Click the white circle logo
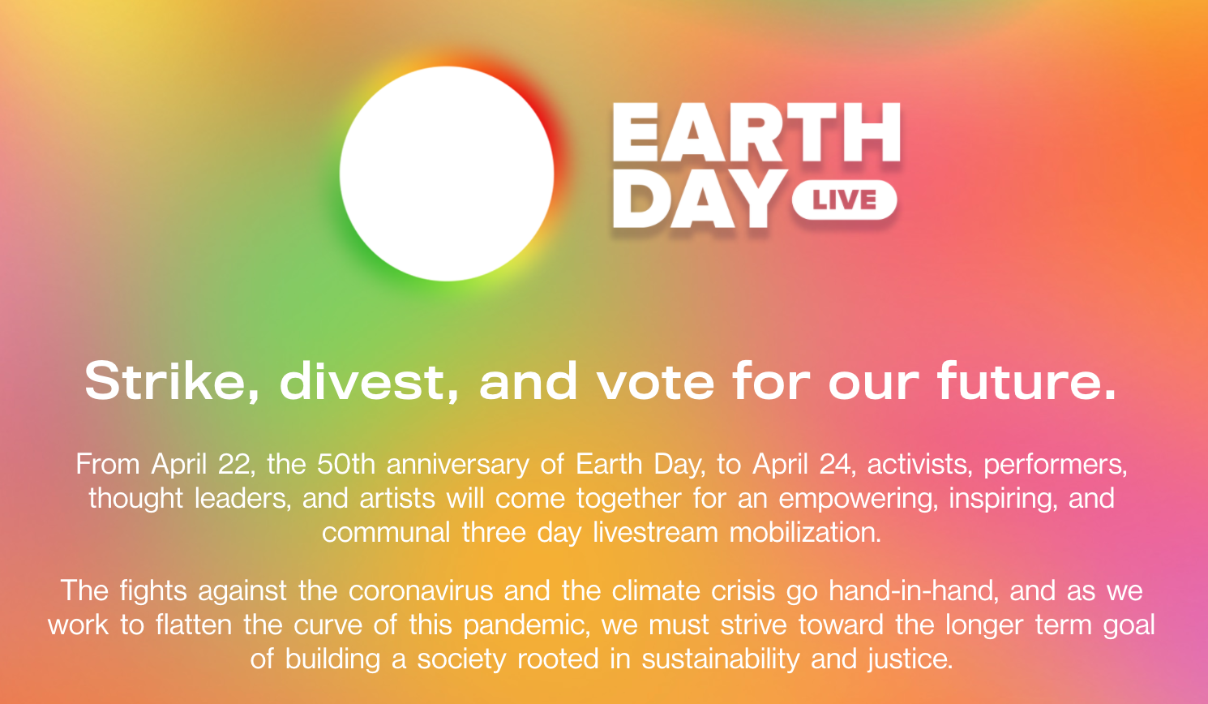(x=447, y=174)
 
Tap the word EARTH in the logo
(x=756, y=132)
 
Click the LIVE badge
(x=844, y=200)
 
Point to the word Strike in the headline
(x=172, y=381)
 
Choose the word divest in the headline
(x=369, y=381)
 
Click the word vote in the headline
(x=655, y=383)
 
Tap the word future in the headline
(x=1026, y=381)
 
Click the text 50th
(x=345, y=464)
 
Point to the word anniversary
(x=458, y=465)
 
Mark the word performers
(x=1056, y=465)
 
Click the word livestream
(x=655, y=532)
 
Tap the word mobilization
(x=805, y=532)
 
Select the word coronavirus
(x=421, y=590)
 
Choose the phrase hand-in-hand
(x=912, y=590)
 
